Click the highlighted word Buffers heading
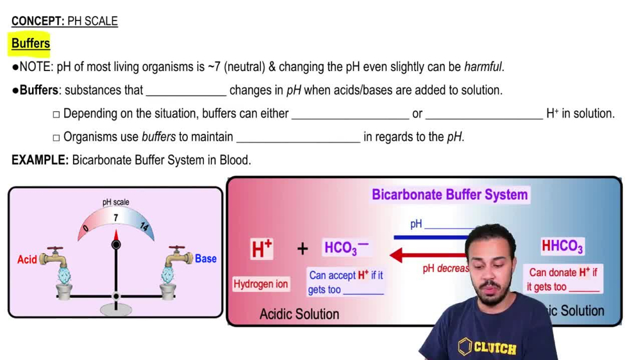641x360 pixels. pos(31,44)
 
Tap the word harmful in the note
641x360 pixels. pos(483,67)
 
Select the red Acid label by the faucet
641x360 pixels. pos(27,259)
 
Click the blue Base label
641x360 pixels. pos(206,259)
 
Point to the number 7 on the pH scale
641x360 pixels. pos(115,218)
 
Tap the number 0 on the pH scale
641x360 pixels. pos(86,228)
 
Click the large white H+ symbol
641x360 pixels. pos(261,249)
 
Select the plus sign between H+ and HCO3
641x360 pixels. pos(302,249)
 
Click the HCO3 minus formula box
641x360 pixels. pos(346,248)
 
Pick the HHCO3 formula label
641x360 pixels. pos(562,246)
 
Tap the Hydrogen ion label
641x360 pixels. pos(261,284)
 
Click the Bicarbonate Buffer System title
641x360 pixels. pos(450,195)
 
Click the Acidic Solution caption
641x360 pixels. pos(299,314)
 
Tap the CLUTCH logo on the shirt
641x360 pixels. pos(488,348)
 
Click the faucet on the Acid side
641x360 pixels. pos(54,258)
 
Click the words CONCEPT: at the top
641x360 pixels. pos(38,21)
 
